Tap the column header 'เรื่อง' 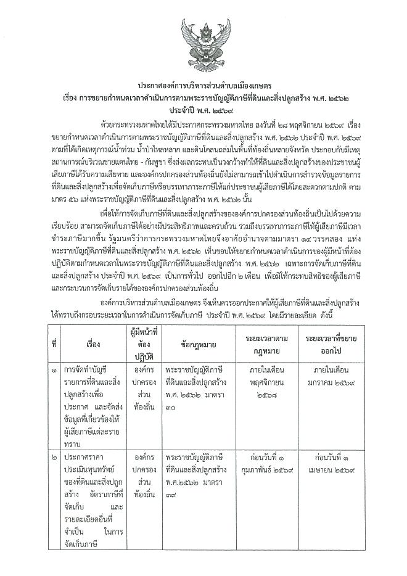pyautogui.click(x=93, y=343)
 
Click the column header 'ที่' pyautogui.click(x=54, y=343)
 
